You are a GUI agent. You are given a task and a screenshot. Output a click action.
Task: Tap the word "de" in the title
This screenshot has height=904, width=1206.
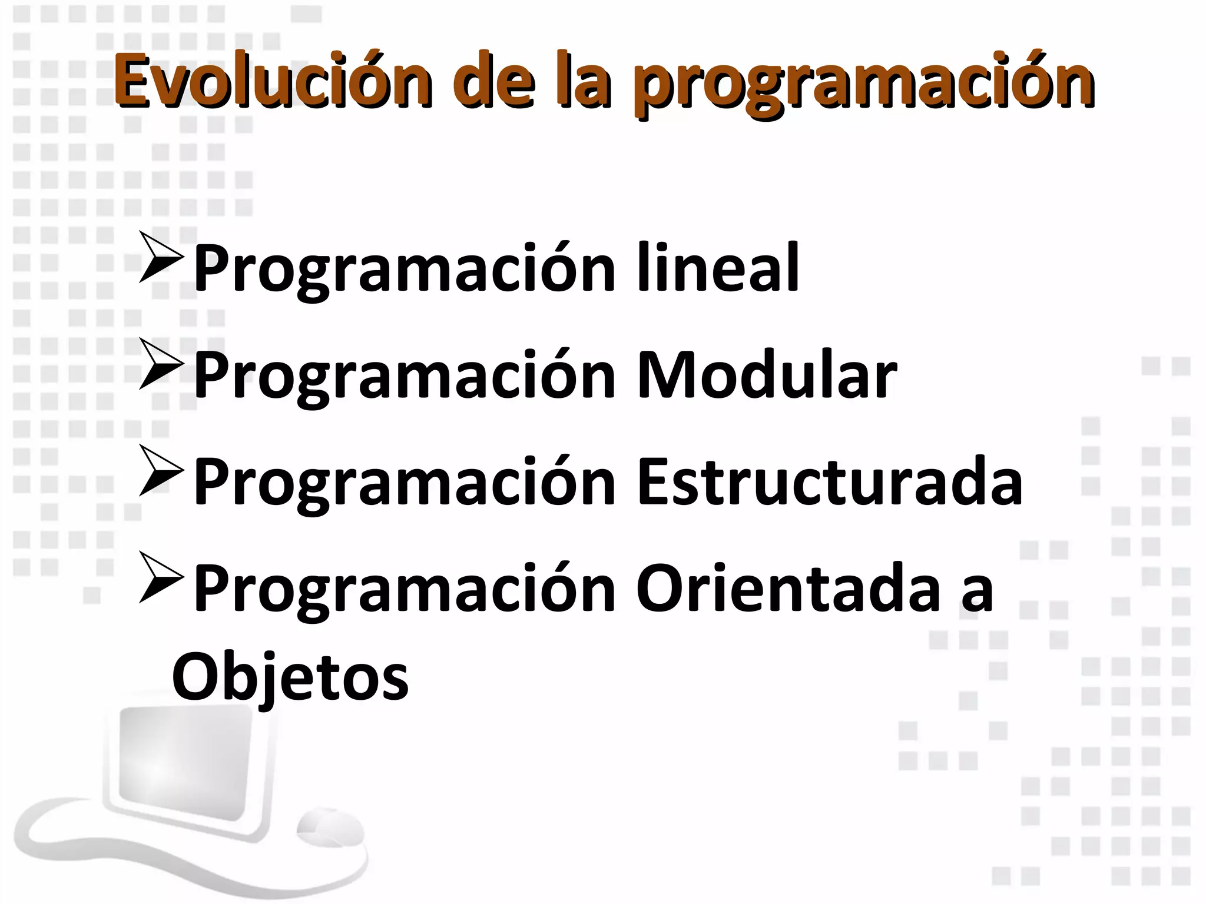pyautogui.click(x=493, y=82)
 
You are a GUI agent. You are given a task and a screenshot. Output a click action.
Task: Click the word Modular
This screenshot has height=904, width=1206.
pyautogui.click(x=766, y=375)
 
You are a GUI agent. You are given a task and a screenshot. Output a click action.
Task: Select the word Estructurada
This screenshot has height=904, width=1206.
pyautogui.click(x=830, y=482)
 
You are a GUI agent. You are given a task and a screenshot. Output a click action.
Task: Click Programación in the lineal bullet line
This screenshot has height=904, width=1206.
pyautogui.click(x=405, y=269)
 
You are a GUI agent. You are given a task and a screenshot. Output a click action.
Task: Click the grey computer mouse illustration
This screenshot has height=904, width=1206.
pyautogui.click(x=330, y=830)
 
